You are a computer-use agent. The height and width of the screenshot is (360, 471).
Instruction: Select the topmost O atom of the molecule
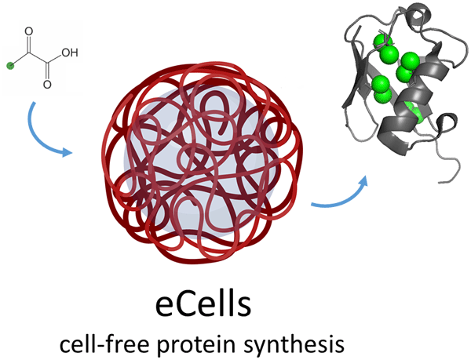tap(31, 33)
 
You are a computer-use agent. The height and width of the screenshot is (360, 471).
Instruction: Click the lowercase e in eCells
tap(163, 307)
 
